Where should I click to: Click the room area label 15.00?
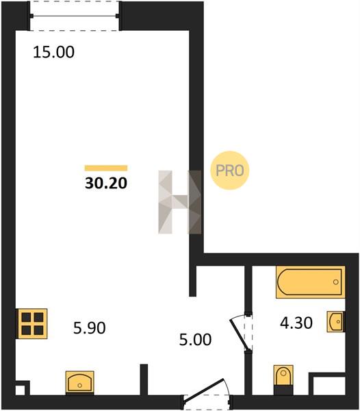tap(53, 52)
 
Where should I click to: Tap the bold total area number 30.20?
tap(106, 183)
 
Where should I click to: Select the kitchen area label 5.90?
tap(90, 328)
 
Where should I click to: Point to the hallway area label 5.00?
tap(195, 340)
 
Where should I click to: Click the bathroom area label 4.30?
tap(296, 323)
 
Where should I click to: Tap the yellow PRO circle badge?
tap(230, 171)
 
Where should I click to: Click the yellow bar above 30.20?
tap(106, 168)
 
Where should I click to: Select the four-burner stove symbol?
tap(32, 324)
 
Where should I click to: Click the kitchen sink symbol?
tap(79, 383)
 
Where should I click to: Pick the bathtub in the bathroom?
tap(310, 282)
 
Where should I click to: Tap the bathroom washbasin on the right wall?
tap(335, 322)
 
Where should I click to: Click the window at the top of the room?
tap(75, 16)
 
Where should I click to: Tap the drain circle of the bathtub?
tap(335, 282)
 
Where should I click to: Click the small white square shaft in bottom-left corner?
tap(20, 390)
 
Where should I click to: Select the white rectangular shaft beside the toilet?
tap(329, 386)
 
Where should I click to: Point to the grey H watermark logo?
tap(180, 202)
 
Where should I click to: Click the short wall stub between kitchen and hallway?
tap(144, 379)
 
